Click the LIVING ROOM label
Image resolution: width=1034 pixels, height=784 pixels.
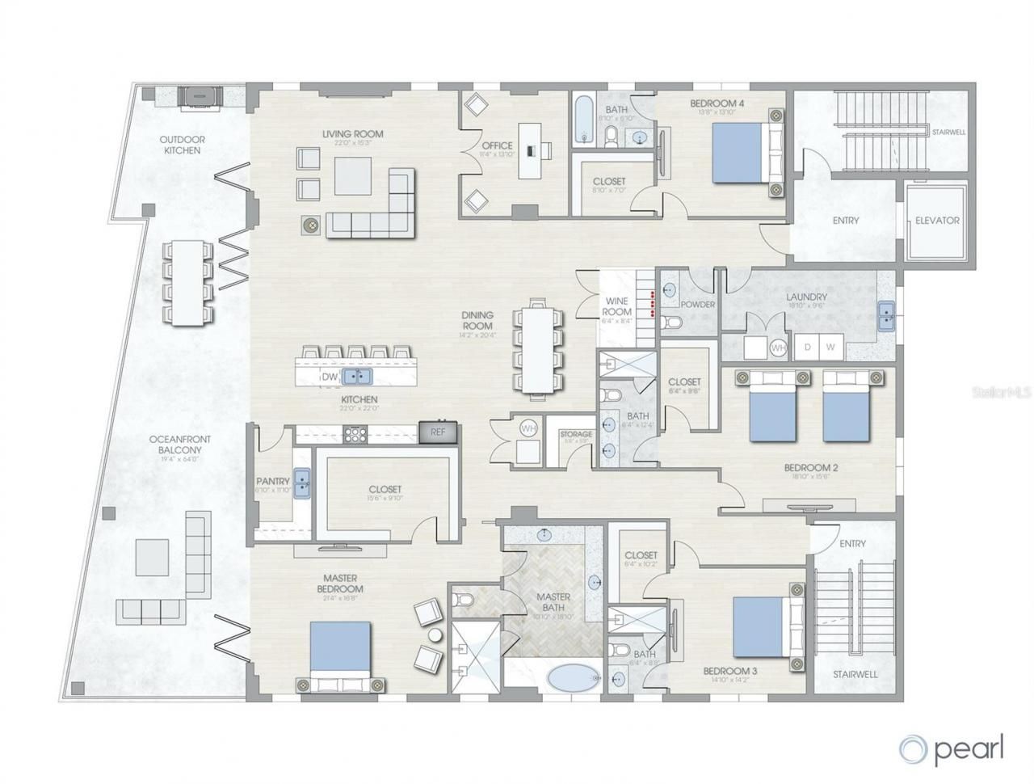(x=352, y=134)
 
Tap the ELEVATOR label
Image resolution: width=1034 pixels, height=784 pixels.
(x=937, y=220)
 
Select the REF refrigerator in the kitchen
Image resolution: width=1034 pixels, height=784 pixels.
(x=438, y=432)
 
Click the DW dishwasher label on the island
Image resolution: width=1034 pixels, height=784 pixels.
(x=330, y=377)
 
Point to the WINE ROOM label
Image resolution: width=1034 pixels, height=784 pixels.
(x=616, y=306)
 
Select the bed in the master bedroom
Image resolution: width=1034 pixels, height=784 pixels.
(x=340, y=655)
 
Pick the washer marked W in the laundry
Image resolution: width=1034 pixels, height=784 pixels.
(x=830, y=347)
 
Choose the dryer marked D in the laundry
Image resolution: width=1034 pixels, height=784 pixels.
(x=805, y=347)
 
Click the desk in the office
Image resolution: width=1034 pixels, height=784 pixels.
(x=530, y=150)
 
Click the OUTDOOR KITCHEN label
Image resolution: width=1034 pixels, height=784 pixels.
(x=183, y=145)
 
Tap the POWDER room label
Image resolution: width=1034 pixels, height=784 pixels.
(x=698, y=305)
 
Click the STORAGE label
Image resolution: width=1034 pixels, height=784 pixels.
(x=576, y=435)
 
